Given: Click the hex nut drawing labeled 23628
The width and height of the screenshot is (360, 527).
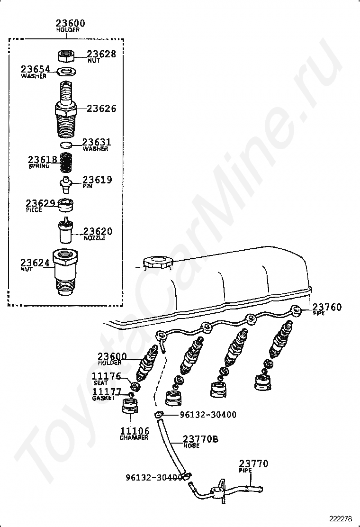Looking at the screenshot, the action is click(x=66, y=55).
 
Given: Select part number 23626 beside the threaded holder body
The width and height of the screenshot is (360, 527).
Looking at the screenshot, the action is click(x=101, y=108).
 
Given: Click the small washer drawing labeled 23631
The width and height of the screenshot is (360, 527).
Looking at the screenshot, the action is click(x=66, y=145).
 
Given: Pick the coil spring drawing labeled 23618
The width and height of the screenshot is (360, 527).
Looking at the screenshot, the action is click(x=66, y=162).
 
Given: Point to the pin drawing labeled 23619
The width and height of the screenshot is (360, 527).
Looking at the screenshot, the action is click(x=66, y=184).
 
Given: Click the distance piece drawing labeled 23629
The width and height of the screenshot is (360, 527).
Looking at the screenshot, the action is click(x=66, y=205).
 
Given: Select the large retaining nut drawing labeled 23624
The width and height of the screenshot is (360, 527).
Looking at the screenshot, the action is click(x=65, y=272).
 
